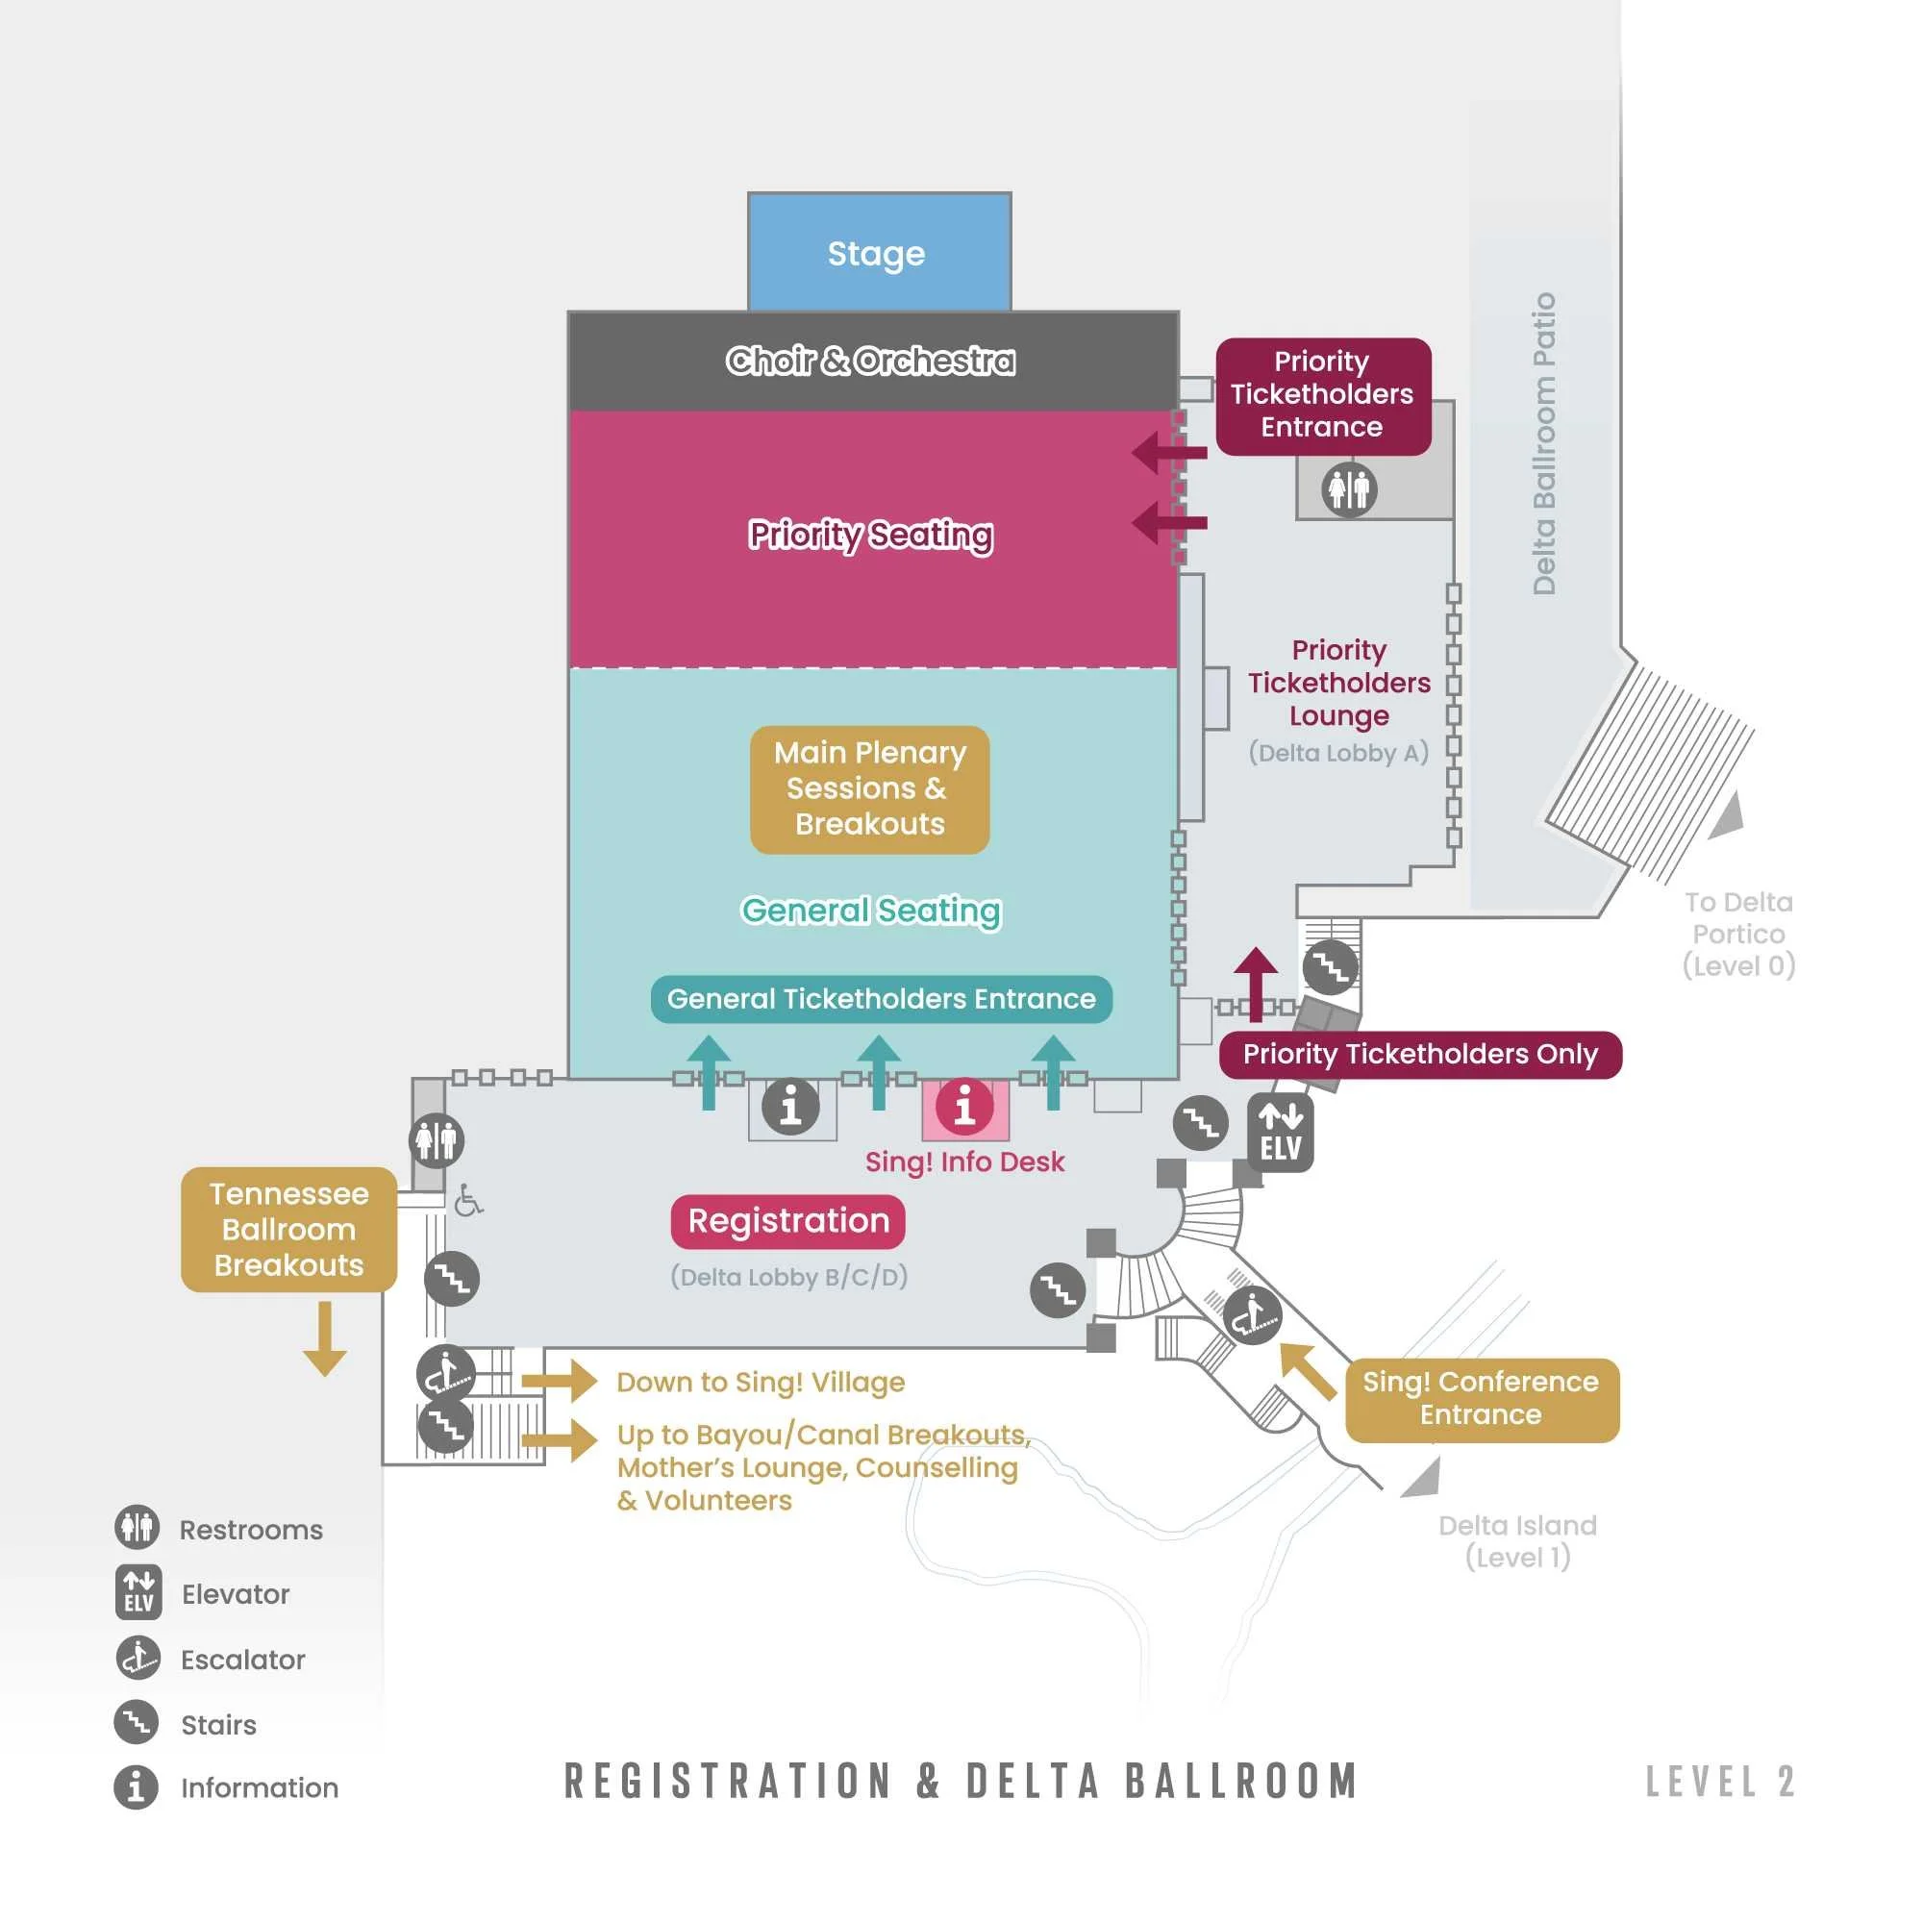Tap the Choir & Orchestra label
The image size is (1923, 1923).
click(x=871, y=361)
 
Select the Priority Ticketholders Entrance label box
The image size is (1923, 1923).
click(x=1323, y=395)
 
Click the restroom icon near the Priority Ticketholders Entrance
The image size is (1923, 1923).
click(x=1349, y=489)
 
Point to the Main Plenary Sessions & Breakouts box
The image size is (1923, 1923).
click(x=870, y=789)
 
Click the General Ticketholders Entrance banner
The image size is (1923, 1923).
click(x=881, y=999)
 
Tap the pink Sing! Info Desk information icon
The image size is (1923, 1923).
click(x=963, y=1107)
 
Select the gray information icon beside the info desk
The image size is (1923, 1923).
click(x=791, y=1107)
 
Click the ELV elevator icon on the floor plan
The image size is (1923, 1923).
click(x=1280, y=1133)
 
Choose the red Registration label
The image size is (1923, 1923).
click(x=788, y=1221)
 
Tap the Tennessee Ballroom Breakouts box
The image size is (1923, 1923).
click(x=288, y=1229)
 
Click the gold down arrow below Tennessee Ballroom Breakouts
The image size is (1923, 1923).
click(x=324, y=1338)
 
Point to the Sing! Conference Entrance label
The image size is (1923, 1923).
click(x=1481, y=1398)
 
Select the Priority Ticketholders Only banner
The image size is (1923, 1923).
click(x=1419, y=1054)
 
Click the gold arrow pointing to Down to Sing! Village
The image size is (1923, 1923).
click(x=559, y=1381)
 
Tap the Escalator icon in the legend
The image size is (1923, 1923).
click(x=137, y=1660)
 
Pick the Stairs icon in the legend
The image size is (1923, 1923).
click(x=137, y=1724)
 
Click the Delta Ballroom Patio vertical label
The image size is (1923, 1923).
click(x=1543, y=444)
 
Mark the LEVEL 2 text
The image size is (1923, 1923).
click(x=1719, y=1783)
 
